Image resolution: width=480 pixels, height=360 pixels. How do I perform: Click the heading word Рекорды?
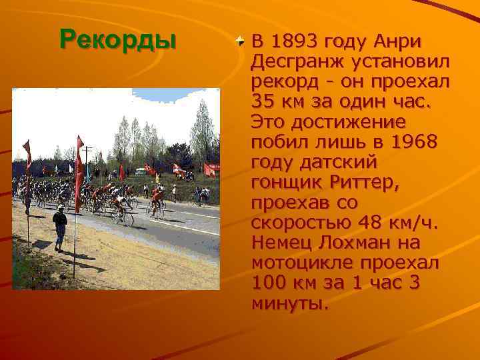[117, 39]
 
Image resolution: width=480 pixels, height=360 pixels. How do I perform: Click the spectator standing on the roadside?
[60, 227]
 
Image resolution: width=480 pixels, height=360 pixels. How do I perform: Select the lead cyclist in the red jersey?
[157, 200]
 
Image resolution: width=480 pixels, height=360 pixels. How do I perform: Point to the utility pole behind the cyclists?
[87, 160]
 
